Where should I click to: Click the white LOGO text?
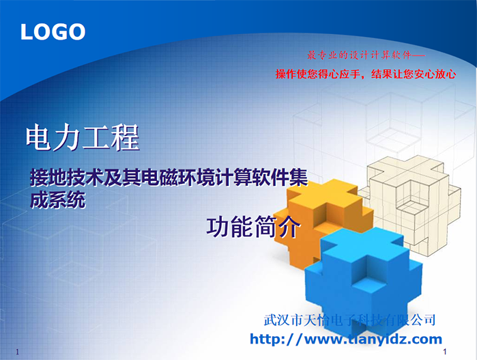[x=53, y=32]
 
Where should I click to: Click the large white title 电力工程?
[x=83, y=137]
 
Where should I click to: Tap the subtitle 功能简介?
[x=253, y=227]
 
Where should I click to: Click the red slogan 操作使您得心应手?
[x=318, y=74]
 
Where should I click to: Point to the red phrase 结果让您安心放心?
[x=414, y=74]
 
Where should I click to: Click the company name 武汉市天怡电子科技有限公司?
[x=349, y=320]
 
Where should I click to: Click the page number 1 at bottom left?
[x=17, y=352]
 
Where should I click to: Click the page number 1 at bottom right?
[x=445, y=352]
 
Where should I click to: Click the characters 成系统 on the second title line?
[x=58, y=200]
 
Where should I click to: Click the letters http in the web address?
[x=267, y=339]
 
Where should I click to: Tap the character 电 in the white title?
[x=40, y=137]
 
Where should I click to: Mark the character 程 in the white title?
[x=126, y=137]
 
